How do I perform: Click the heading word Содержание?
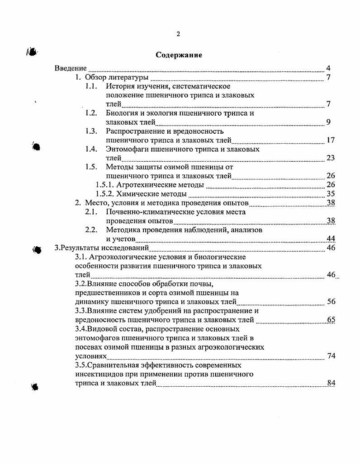tap(179, 55)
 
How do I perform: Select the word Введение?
tap(71, 68)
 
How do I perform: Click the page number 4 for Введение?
tap(328, 68)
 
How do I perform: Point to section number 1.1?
tap(91, 86)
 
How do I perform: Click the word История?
tap(121, 86)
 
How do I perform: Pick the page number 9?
tap(328, 122)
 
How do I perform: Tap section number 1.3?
tap(91, 131)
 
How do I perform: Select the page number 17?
tap(330, 140)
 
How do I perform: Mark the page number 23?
tap(330, 158)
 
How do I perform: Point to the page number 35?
tap(330, 194)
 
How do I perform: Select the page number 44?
tap(330, 239)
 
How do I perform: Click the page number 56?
tap(330, 302)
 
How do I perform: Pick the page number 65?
tap(331, 320)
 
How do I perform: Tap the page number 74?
tap(331, 356)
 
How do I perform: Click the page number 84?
tap(331, 383)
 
